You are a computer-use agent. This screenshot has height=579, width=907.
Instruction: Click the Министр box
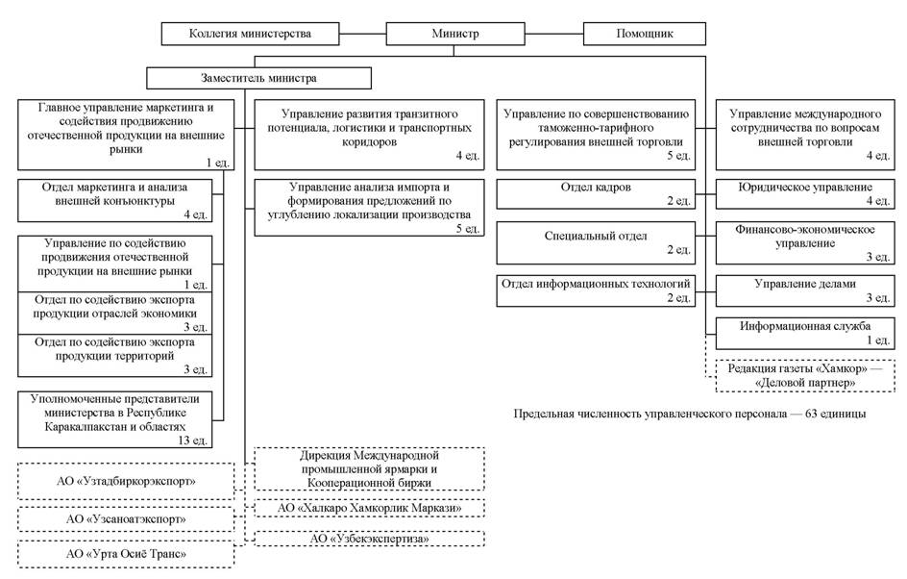point(455,34)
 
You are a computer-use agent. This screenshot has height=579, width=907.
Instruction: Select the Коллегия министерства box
point(250,34)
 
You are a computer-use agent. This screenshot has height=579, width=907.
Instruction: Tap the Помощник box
point(645,34)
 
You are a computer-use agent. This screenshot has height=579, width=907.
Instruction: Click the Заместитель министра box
point(258,78)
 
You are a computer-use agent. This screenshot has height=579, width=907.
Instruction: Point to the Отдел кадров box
point(596,194)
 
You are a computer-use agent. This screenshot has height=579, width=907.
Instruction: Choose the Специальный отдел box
point(596,242)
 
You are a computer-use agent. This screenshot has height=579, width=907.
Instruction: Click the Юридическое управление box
point(805,194)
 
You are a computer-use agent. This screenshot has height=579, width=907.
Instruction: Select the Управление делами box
point(805,290)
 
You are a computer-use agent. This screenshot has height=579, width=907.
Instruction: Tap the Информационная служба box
point(805,333)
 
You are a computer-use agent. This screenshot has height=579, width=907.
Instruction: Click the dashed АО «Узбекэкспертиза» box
point(369,539)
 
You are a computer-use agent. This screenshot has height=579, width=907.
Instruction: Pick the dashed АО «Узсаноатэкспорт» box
point(126,519)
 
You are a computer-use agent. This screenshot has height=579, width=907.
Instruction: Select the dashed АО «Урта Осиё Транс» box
point(126,554)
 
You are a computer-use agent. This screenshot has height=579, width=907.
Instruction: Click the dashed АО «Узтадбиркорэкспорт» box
point(126,481)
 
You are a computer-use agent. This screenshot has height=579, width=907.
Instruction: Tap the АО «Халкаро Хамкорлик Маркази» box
point(369,509)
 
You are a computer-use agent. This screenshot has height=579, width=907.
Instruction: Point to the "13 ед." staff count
point(192,441)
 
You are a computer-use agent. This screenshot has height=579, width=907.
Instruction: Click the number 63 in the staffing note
point(812,414)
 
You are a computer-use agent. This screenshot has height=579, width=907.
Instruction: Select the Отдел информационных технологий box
point(596,290)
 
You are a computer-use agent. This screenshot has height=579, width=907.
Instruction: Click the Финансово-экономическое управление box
point(805,242)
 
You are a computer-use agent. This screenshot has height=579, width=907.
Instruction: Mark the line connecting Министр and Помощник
point(554,34)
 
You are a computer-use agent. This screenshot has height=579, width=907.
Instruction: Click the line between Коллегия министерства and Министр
point(362,34)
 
